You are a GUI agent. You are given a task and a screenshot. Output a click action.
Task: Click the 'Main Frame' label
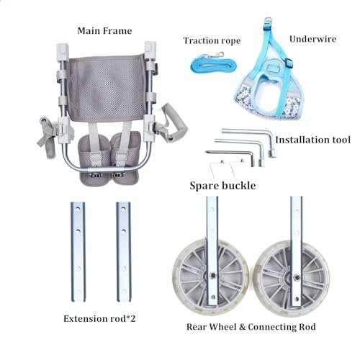pyautogui.click(x=104, y=31)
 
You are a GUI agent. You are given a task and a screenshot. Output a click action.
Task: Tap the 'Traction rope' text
pyautogui.click(x=212, y=41)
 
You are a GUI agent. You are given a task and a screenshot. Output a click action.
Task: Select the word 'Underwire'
pyautogui.click(x=312, y=39)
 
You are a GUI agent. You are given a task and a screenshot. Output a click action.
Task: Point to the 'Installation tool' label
pyautogui.click(x=312, y=140)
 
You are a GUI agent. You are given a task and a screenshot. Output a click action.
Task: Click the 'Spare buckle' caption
pyautogui.click(x=222, y=186)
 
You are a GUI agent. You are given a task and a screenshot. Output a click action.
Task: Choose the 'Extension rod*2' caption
pyautogui.click(x=99, y=319)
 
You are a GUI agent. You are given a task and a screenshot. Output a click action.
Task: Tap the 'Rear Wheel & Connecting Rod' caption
pyautogui.click(x=251, y=327)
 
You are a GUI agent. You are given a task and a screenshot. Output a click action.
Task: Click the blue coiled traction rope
pyautogui.click(x=214, y=63)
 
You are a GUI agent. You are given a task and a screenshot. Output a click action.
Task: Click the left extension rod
pyautogui.click(x=78, y=252)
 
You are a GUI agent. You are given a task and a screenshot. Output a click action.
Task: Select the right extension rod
pyautogui.click(x=124, y=252)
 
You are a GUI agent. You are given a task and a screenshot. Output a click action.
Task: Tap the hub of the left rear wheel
pyautogui.click(x=212, y=275)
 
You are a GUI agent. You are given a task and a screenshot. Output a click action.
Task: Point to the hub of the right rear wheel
pyautogui.click(x=297, y=278)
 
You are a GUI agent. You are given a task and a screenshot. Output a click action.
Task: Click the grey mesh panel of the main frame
pyautogui.click(x=106, y=88)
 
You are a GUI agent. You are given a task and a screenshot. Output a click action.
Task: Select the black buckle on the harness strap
pyautogui.click(x=289, y=62)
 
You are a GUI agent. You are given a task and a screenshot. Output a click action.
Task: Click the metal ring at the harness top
pyautogui.click(x=267, y=21)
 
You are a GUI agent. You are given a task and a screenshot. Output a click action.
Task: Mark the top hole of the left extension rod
pyautogui.click(x=78, y=210)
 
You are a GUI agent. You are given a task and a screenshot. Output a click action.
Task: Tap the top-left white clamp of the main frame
pyautogui.click(x=63, y=51)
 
